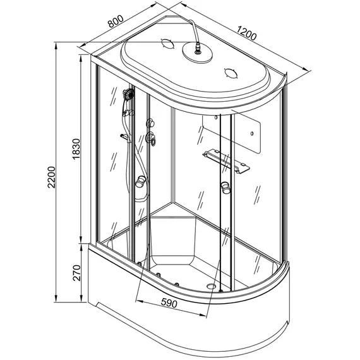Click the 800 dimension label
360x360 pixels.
click(x=116, y=21)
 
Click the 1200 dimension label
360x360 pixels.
click(x=246, y=33)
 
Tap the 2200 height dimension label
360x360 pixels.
click(x=52, y=177)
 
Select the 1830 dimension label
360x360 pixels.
click(x=76, y=149)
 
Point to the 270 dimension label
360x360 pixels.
click(x=77, y=273)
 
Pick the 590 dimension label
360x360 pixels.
click(x=169, y=303)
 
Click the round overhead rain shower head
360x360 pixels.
click(x=197, y=52)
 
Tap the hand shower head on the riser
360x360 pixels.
click(x=129, y=94)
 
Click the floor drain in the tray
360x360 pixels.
click(x=211, y=286)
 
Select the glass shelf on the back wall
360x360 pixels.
click(x=226, y=160)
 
